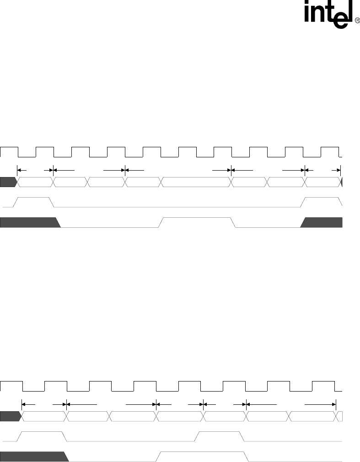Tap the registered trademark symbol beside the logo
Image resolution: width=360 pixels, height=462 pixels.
357,21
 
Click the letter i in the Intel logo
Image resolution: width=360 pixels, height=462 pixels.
309,14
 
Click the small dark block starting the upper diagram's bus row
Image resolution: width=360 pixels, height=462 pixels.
8,182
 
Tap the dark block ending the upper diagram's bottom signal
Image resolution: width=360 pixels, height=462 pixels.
323,223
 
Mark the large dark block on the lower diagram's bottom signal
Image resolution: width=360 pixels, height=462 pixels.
32,457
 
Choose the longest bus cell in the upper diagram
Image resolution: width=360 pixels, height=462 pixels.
196,182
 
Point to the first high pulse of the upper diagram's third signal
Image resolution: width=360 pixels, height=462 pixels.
34,202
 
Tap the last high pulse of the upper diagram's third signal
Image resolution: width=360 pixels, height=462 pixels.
322,202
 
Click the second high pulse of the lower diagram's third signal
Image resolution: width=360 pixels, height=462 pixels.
220,436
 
